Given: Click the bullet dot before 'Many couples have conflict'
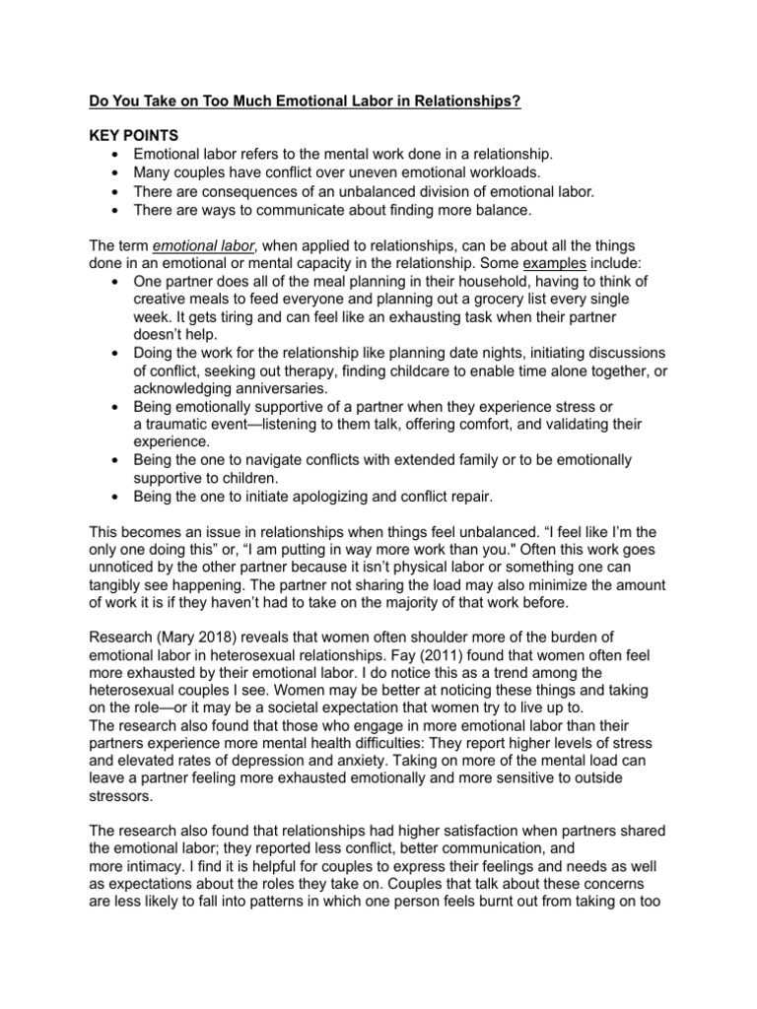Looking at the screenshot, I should (x=118, y=172).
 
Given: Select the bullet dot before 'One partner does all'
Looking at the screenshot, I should (x=118, y=280).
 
